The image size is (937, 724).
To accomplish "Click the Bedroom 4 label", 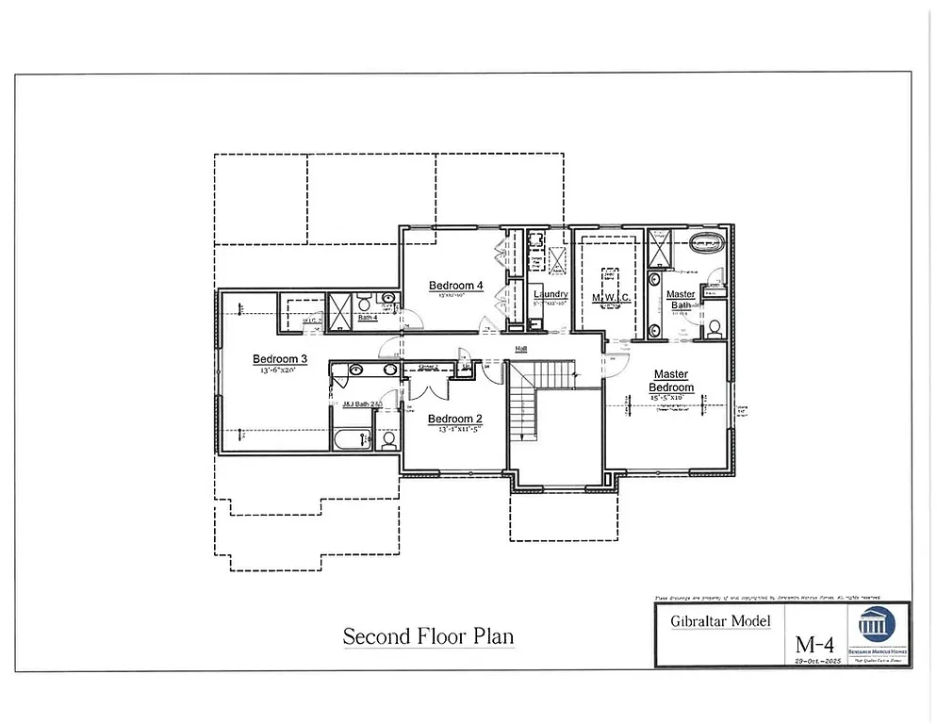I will click(455, 286).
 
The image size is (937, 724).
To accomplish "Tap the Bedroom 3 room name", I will click(280, 359).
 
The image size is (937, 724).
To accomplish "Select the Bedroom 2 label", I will click(455, 419).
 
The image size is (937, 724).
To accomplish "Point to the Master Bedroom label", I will click(672, 381).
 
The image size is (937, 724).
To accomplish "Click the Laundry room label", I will click(549, 294).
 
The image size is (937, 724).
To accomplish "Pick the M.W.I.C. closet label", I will click(610, 298).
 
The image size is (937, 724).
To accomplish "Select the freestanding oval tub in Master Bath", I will click(708, 244).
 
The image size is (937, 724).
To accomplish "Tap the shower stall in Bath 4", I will click(338, 308).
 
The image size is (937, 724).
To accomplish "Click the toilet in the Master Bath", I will click(714, 329).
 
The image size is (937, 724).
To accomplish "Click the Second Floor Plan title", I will click(428, 636).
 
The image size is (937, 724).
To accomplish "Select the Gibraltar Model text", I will click(719, 620).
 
